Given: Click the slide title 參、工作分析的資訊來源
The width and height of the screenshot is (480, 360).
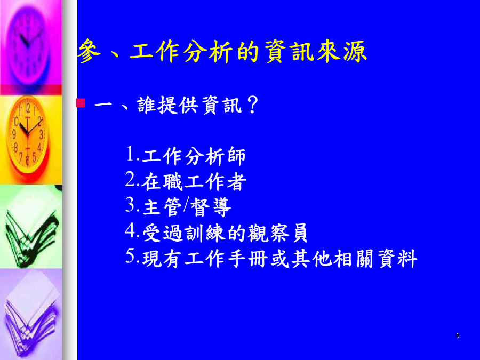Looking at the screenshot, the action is tap(222, 51).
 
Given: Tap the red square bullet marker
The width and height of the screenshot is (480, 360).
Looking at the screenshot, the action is tap(81, 103).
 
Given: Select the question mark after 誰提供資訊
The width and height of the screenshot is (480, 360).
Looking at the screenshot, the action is tap(252, 105).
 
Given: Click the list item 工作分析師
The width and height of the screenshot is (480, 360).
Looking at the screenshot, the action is tap(194, 156).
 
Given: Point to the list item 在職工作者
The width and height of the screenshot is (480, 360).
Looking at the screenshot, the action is tap(194, 182).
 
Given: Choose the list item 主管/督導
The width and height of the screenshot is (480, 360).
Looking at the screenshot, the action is tap(187, 207).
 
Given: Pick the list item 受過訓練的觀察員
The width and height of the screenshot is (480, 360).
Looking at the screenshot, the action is tap(225, 233).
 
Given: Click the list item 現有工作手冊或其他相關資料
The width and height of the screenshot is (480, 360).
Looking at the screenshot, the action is tap(279, 259).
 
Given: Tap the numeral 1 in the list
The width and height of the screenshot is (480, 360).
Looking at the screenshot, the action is tap(130, 154).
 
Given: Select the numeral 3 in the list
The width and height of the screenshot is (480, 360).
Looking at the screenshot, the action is tap(130, 205).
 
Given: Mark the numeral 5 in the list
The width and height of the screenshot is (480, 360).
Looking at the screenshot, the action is tap(130, 256).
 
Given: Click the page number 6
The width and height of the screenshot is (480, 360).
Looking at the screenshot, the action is tap(458, 335).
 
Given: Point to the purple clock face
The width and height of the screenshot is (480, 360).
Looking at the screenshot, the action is tap(28, 43).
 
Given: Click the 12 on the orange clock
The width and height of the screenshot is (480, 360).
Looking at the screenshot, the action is tap(28, 108).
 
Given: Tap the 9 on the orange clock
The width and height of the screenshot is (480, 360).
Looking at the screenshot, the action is tap(14, 134).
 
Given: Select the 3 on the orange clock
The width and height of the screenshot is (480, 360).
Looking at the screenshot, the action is tap(41, 134).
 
